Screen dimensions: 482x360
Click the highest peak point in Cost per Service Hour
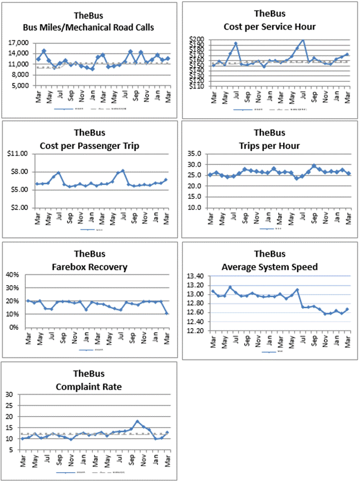[302, 40]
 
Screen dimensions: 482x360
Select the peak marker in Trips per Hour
[314, 165]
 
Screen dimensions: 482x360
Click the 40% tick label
[13, 275]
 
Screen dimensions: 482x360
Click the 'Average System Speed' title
[270, 267]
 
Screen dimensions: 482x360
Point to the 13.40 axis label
[197, 276]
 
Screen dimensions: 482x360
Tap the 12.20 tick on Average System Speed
[197, 331]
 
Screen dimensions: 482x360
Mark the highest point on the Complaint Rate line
[138, 422]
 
